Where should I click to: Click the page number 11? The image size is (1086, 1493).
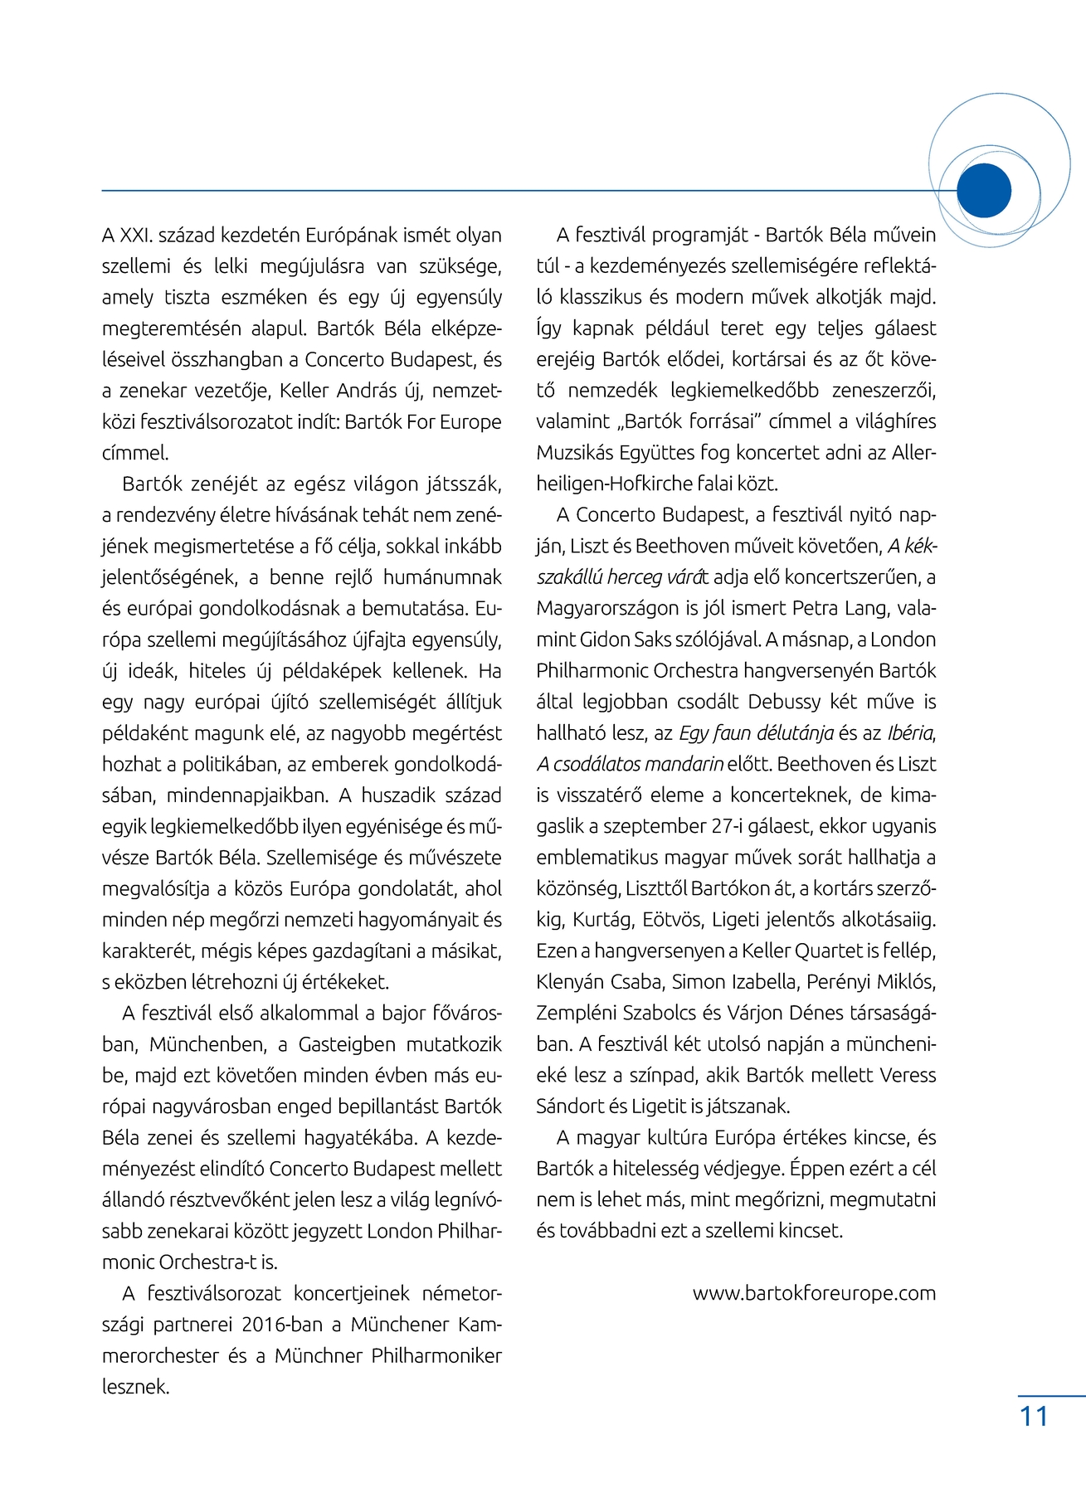(x=1034, y=1416)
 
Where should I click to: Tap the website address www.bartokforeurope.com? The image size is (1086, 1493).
(x=814, y=1293)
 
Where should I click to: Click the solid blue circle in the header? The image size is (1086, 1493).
(x=984, y=191)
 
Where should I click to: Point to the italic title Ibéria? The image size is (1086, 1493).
(x=910, y=733)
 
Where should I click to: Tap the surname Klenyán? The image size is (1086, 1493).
(x=572, y=982)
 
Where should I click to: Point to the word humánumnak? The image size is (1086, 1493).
(x=442, y=577)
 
